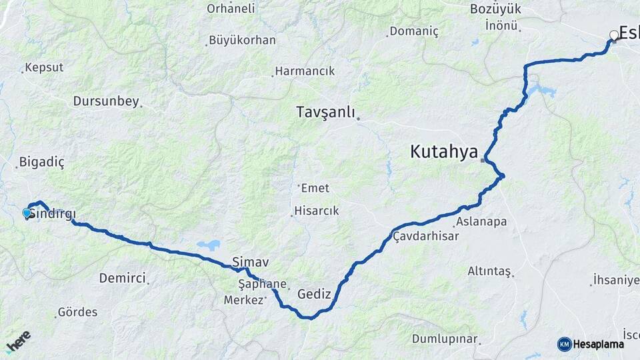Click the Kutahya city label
(444, 152)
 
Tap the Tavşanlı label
(325, 112)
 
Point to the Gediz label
(314, 293)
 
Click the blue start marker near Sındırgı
(27, 213)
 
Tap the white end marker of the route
(614, 35)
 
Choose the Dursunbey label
(107, 101)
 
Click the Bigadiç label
(42, 161)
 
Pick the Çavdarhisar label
(426, 236)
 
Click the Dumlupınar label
(445, 339)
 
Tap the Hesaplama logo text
(597, 344)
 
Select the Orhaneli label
(231, 9)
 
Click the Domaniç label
(414, 31)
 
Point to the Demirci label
(122, 278)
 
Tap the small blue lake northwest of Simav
(208, 245)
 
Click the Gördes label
(77, 311)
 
